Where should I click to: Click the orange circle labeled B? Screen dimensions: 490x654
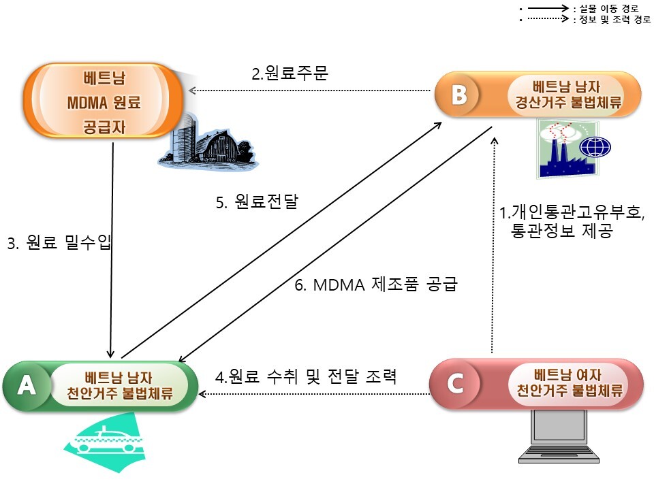(x=458, y=95)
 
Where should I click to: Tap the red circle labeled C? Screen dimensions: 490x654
(x=454, y=384)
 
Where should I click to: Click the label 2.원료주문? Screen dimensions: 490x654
(x=290, y=73)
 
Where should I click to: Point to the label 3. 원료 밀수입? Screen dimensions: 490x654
(x=59, y=243)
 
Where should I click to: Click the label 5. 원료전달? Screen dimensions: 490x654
(x=257, y=202)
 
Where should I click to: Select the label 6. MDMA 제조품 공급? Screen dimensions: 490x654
(x=375, y=285)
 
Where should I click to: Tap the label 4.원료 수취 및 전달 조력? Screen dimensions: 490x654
(x=306, y=376)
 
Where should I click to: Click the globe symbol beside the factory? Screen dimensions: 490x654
(x=595, y=147)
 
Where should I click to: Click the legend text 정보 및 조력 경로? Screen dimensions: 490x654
(x=612, y=20)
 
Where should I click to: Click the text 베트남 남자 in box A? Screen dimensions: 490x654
(x=119, y=375)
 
